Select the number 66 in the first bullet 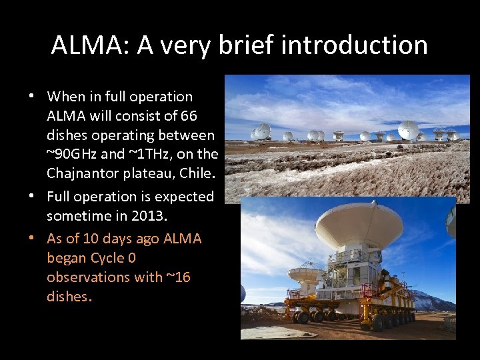[x=188, y=116]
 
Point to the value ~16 [x=178, y=277]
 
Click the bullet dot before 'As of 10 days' [x=31, y=239]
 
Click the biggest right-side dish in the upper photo [x=408, y=129]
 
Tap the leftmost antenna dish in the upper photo [x=261, y=132]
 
